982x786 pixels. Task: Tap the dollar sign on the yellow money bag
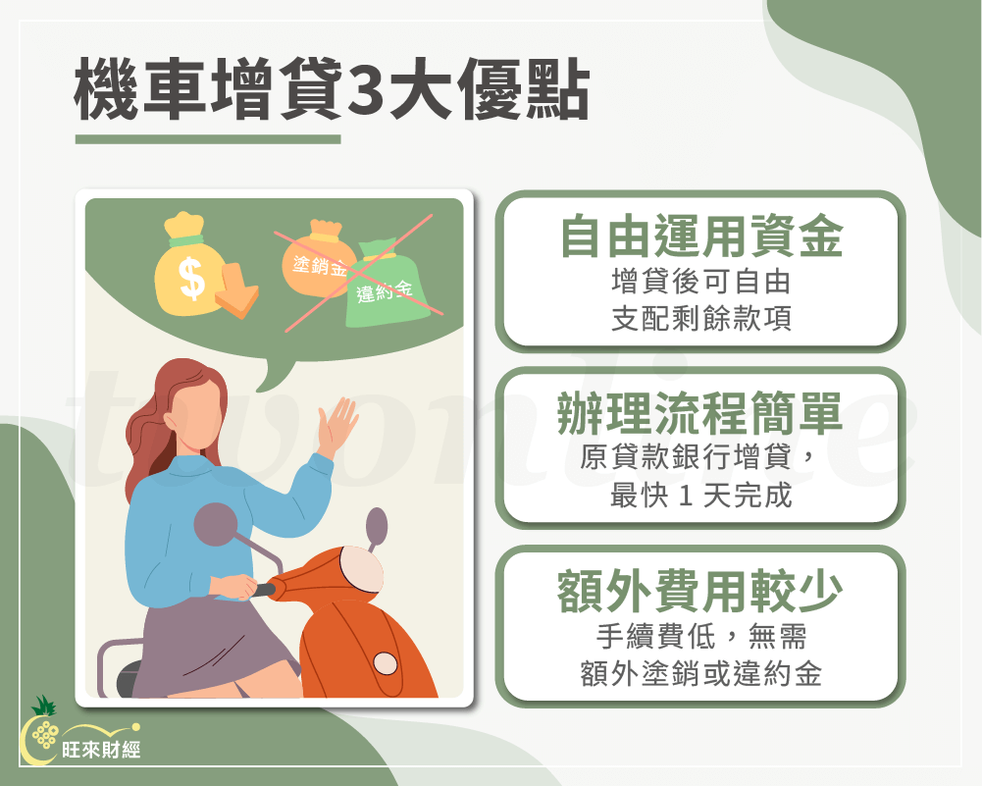point(193,277)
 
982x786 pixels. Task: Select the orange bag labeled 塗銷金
point(316,260)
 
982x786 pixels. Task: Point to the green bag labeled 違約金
point(384,287)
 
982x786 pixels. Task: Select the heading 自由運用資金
point(700,238)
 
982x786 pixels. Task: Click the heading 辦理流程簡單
point(700,416)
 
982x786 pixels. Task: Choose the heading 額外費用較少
point(700,593)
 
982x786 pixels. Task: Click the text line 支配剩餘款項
point(700,321)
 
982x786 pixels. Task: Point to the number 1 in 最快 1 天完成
point(686,497)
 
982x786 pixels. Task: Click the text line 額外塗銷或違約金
point(700,675)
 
